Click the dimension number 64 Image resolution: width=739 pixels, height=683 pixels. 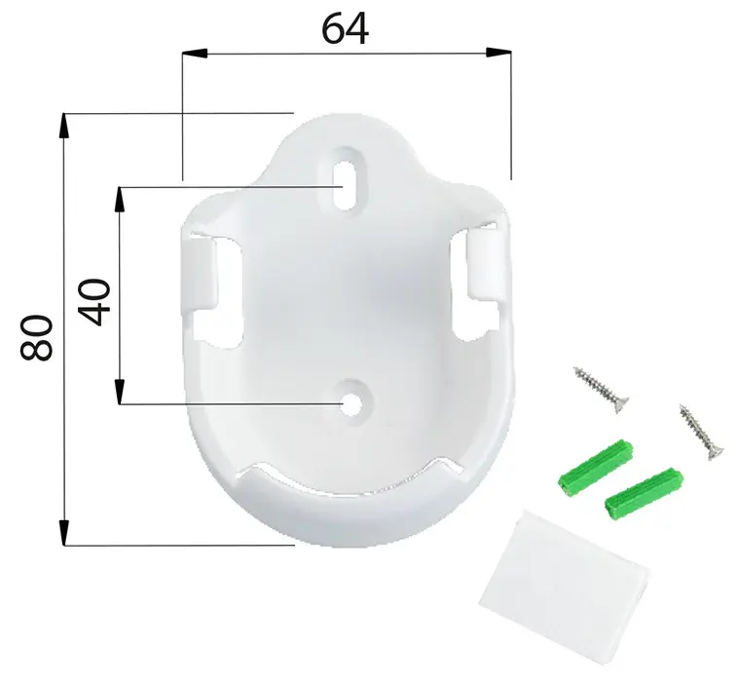346,29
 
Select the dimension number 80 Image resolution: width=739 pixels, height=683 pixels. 37,337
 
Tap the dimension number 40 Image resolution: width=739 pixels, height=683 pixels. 95,302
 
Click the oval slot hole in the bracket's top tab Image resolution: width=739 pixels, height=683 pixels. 346,175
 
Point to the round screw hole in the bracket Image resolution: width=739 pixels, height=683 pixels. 349,401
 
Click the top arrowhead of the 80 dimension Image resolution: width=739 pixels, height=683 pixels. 65,122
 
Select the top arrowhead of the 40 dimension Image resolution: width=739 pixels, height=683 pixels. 121,194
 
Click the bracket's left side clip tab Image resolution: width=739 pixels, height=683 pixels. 201,277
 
